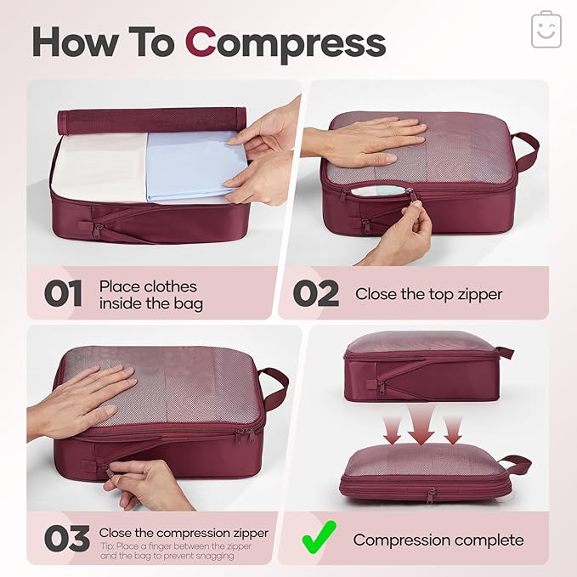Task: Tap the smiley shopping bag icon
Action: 546,30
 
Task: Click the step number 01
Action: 64,294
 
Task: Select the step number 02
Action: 316,294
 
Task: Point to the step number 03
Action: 66,539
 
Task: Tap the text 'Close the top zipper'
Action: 428,294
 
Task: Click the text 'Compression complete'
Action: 438,540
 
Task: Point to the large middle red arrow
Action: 421,426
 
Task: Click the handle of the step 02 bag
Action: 525,151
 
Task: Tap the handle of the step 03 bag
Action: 274,387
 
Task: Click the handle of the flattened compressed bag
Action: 515,465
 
